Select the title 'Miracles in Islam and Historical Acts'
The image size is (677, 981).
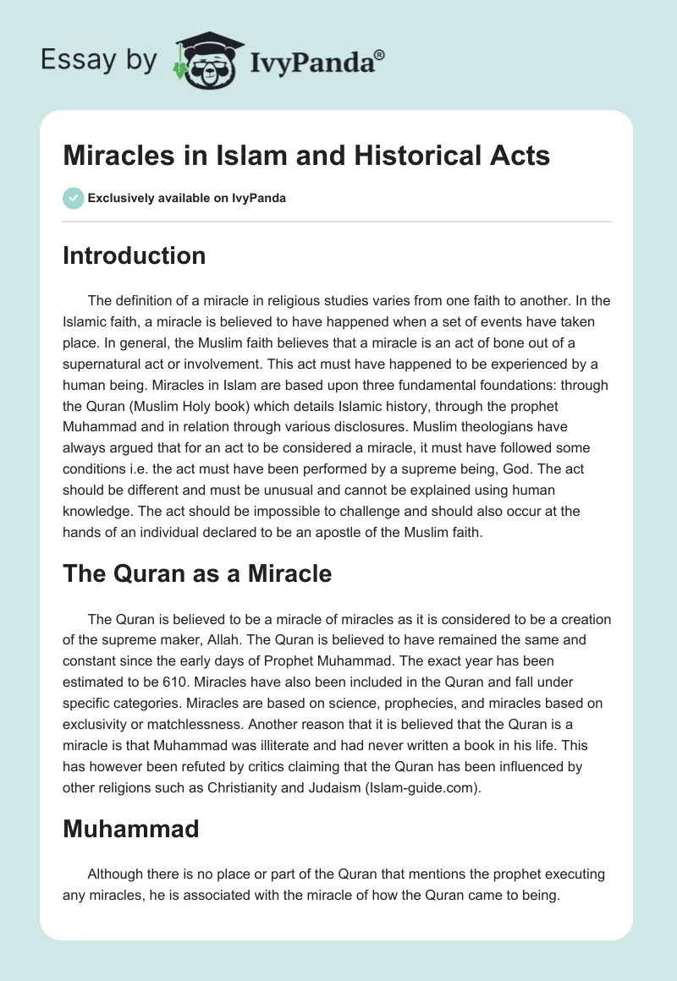coord(306,156)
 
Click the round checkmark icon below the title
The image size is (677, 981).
coord(73,199)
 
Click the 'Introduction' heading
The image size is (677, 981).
coord(134,255)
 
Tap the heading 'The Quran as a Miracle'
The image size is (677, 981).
coord(197,574)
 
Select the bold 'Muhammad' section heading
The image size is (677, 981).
coord(130,829)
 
